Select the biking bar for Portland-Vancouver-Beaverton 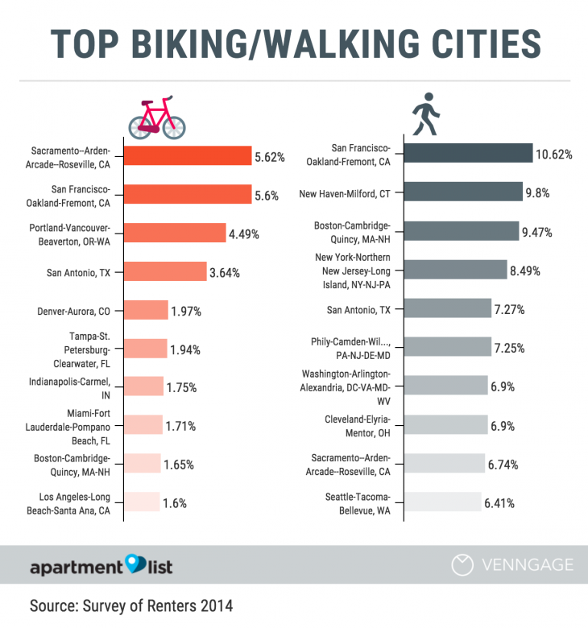(x=175, y=233)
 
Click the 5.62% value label (x=270, y=157)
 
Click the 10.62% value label (x=554, y=154)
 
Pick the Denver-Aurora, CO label (x=73, y=311)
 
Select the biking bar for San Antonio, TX (x=165, y=271)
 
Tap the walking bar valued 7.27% (x=447, y=308)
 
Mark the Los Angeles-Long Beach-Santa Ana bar (x=142, y=503)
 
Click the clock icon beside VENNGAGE (x=462, y=565)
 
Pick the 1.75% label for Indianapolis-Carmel (x=181, y=387)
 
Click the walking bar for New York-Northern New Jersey (x=454, y=271)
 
